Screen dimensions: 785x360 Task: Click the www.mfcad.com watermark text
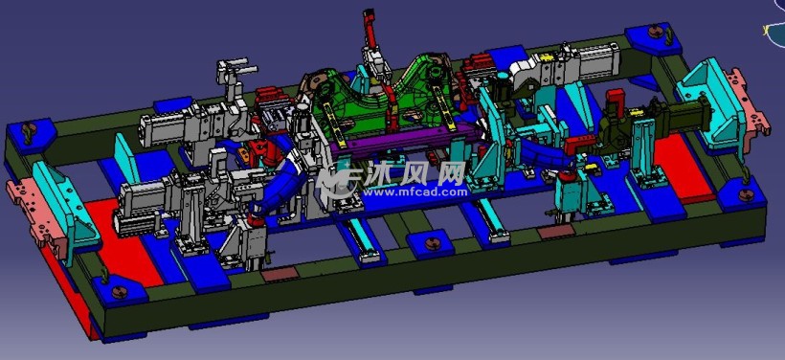[415, 191]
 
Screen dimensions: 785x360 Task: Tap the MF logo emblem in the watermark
[339, 179]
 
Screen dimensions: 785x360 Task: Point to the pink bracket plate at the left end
[36, 216]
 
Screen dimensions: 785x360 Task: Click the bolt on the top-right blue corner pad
[655, 32]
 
